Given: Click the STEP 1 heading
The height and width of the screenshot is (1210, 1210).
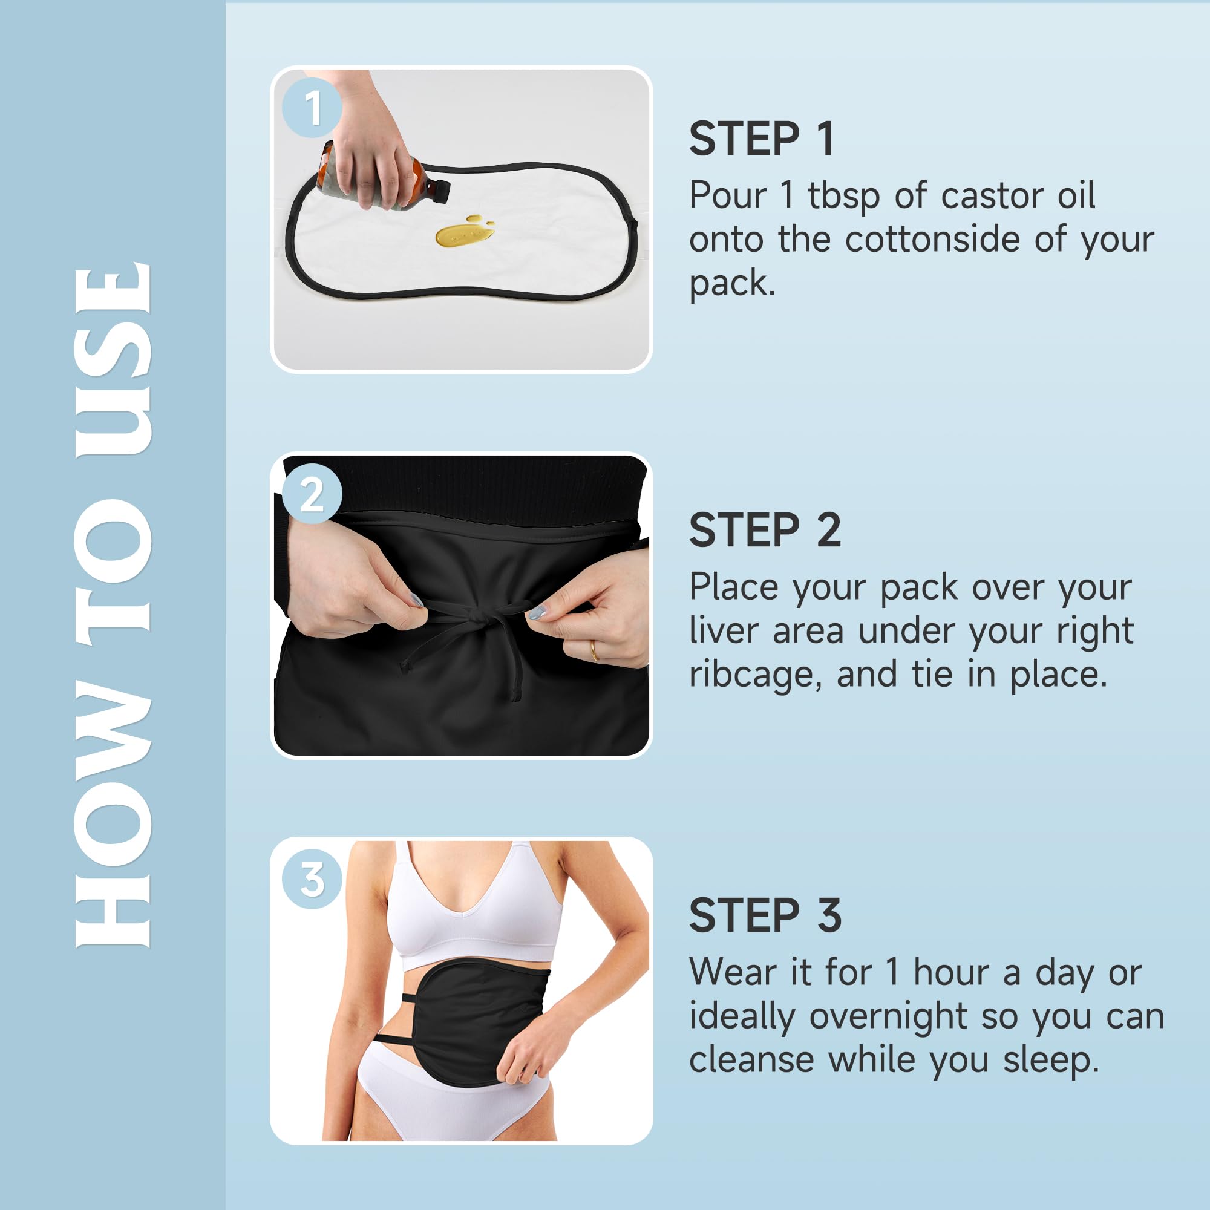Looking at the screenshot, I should click(x=762, y=139).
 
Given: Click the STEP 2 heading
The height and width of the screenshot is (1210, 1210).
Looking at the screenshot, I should click(x=764, y=530).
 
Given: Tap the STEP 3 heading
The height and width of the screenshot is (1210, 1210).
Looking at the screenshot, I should click(x=765, y=915).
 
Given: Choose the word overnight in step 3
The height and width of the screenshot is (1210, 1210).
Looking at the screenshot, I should click(x=888, y=1016).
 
